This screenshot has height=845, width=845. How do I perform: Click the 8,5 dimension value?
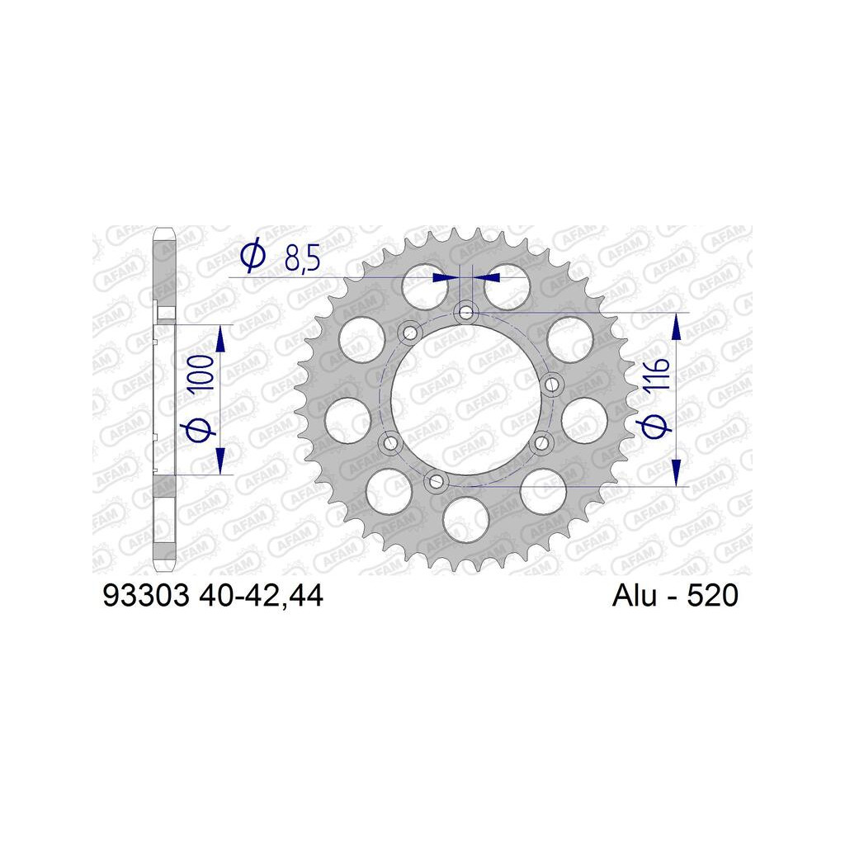302,258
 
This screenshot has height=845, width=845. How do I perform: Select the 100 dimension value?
204,373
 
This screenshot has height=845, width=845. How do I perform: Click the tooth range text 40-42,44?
261,597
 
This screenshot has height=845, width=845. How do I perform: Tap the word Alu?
635,596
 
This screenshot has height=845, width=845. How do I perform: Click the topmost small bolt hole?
465,312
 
